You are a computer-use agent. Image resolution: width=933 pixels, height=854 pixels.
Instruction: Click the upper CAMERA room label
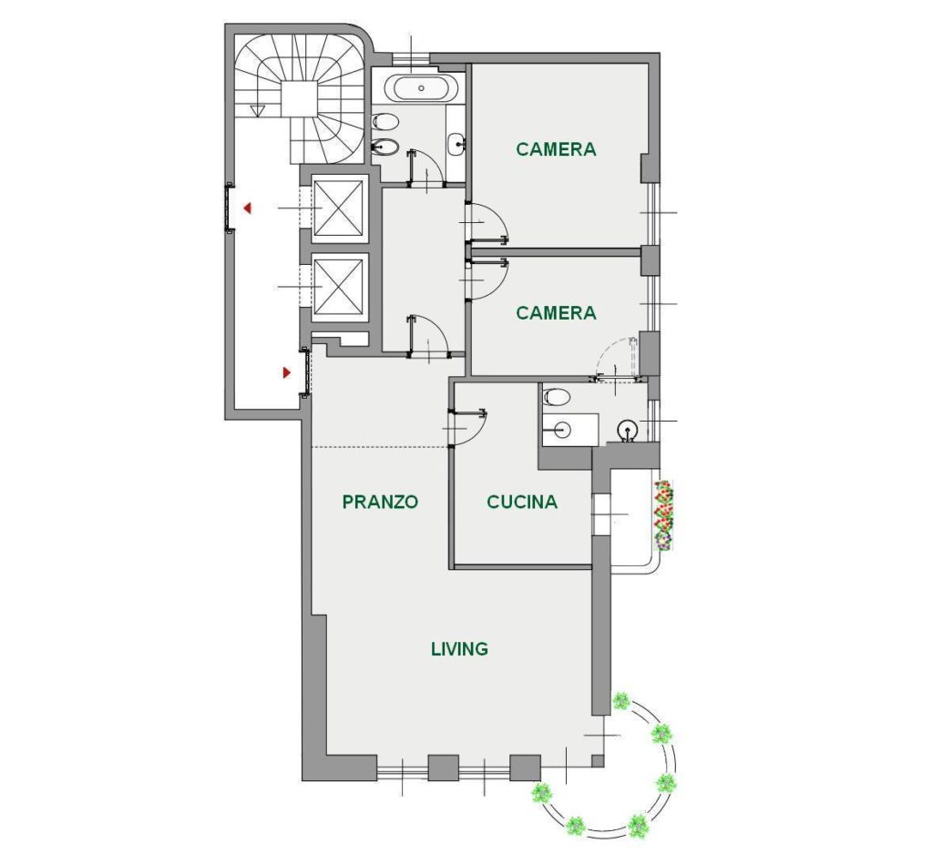tap(556, 149)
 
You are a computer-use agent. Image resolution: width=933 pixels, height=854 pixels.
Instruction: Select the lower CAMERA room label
tap(556, 313)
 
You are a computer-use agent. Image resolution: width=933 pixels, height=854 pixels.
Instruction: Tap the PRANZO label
tap(380, 502)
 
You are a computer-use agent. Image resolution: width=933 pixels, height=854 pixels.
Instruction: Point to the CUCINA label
tap(522, 502)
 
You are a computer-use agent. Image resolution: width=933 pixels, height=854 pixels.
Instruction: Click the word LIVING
tap(459, 649)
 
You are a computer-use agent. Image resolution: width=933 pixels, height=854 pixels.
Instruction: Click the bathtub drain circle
tap(421, 88)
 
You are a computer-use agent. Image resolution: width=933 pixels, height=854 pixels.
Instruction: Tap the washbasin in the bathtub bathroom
tap(457, 143)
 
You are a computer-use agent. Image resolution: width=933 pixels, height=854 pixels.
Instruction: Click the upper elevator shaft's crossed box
tap(338, 208)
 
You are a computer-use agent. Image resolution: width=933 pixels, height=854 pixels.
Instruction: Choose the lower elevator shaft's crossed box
tap(338, 286)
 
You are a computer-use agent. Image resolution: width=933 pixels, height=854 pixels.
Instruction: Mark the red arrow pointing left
tap(248, 208)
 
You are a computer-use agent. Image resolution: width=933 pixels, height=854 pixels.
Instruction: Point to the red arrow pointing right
tap(287, 373)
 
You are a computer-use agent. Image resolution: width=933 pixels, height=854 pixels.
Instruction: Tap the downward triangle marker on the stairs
tap(258, 110)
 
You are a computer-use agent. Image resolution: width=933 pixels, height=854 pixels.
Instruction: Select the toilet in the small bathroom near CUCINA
tap(556, 397)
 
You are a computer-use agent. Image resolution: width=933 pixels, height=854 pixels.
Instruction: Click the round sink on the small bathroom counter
tap(560, 429)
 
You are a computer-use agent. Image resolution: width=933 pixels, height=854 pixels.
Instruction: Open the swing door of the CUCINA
tap(470, 426)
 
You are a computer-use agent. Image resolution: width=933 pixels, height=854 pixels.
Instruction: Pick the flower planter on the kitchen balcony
tap(664, 515)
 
